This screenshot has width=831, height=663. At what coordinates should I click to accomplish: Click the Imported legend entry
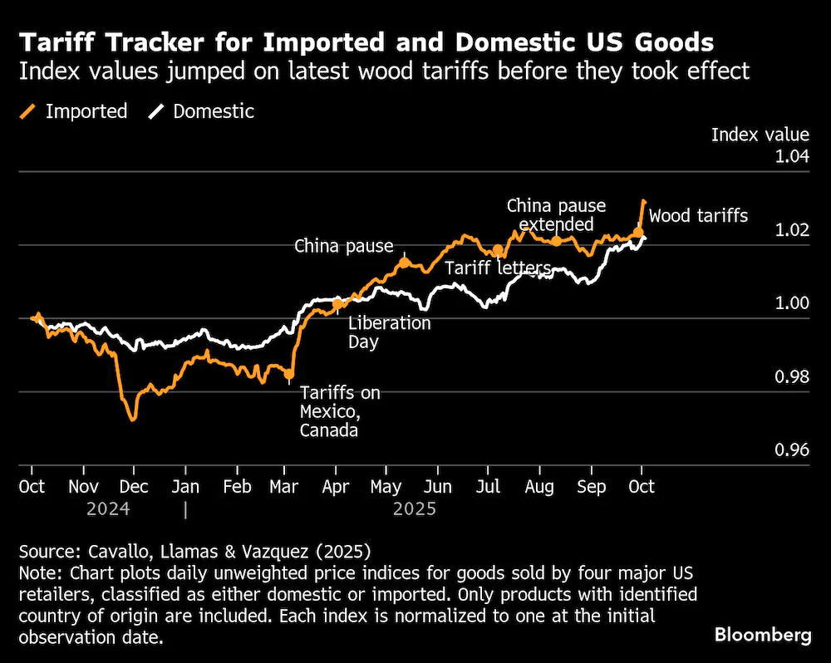click(74, 111)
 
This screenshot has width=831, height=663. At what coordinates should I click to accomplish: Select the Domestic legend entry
click(201, 111)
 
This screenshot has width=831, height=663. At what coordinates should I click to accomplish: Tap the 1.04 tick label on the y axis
click(792, 156)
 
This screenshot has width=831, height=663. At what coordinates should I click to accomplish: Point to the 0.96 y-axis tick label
click(792, 450)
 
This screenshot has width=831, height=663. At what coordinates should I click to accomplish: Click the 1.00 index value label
click(792, 303)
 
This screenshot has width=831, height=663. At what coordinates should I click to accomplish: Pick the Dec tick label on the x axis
click(134, 487)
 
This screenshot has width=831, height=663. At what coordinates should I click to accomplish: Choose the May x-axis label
click(386, 487)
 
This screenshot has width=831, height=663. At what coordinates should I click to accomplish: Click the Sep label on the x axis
click(591, 487)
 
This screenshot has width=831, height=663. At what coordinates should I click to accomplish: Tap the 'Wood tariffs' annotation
click(698, 216)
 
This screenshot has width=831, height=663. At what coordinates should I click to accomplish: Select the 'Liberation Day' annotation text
click(390, 332)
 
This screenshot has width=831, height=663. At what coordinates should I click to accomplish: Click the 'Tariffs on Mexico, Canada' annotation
click(340, 411)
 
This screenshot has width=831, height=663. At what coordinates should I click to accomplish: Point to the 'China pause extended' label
click(556, 214)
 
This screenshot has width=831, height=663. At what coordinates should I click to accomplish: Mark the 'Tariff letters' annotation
click(498, 268)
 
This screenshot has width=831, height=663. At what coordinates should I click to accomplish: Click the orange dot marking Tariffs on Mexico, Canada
click(289, 374)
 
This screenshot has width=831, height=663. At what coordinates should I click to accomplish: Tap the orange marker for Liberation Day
click(337, 304)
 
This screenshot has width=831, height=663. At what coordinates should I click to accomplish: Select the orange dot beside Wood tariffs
click(638, 233)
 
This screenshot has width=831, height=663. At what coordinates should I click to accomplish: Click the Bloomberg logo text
click(763, 635)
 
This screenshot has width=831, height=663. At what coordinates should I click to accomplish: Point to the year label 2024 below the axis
click(108, 508)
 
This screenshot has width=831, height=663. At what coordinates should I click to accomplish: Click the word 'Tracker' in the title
click(156, 42)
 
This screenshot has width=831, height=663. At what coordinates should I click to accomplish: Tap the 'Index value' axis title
click(760, 135)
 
